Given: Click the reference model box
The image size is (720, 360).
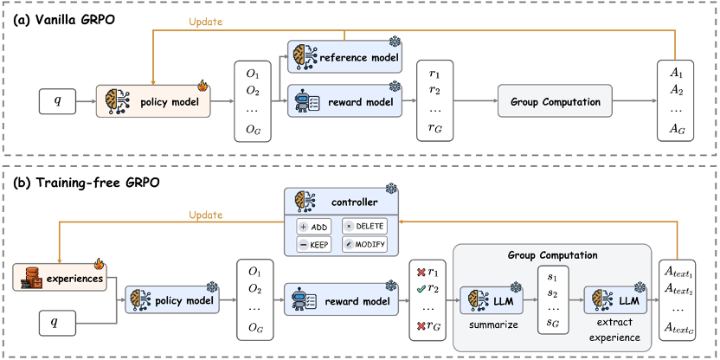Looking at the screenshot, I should [x=344, y=57].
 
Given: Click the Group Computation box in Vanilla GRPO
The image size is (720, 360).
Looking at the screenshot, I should [x=555, y=102].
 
